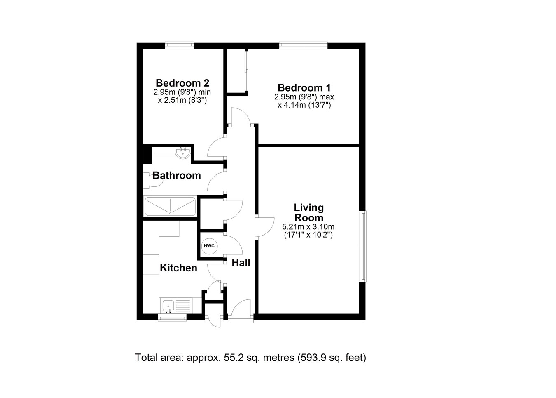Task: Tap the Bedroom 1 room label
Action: [304, 88]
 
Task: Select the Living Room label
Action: [308, 212]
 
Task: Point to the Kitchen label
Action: [178, 268]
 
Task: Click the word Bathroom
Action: [177, 176]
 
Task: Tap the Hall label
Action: [241, 263]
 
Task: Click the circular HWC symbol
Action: [209, 246]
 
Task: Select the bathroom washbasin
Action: [182, 153]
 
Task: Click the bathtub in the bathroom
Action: [170, 206]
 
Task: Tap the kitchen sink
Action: [169, 306]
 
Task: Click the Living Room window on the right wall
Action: [363, 246]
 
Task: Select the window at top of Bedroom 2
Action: [180, 45]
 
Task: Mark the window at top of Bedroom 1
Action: [303, 45]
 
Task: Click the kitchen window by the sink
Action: [172, 317]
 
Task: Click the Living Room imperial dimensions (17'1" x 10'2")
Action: [308, 235]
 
